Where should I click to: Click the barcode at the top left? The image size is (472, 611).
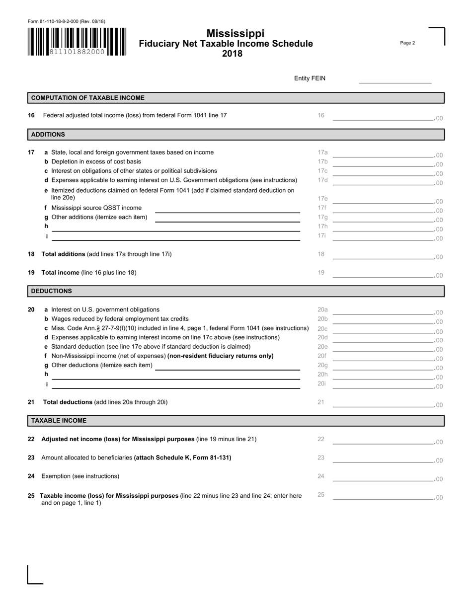click(x=77, y=42)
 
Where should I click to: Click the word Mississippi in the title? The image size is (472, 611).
click(x=236, y=33)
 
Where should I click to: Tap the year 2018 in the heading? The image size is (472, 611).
click(x=232, y=54)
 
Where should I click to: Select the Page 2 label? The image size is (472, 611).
click(x=407, y=43)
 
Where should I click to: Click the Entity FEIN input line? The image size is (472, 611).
click(x=395, y=79)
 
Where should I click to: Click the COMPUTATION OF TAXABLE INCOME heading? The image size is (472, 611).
click(x=88, y=98)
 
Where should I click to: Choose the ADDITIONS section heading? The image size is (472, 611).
click(x=48, y=135)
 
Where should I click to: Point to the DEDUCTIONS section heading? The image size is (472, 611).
click(x=52, y=291)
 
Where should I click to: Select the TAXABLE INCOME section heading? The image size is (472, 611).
click(x=59, y=421)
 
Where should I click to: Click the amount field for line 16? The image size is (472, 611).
click(x=383, y=117)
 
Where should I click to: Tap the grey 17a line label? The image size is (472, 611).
click(x=322, y=153)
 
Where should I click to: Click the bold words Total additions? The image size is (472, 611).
click(x=63, y=254)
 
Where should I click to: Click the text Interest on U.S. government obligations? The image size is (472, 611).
click(x=105, y=309)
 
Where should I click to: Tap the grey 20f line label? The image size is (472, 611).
click(x=322, y=356)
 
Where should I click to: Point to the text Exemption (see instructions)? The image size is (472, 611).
click(x=80, y=476)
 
